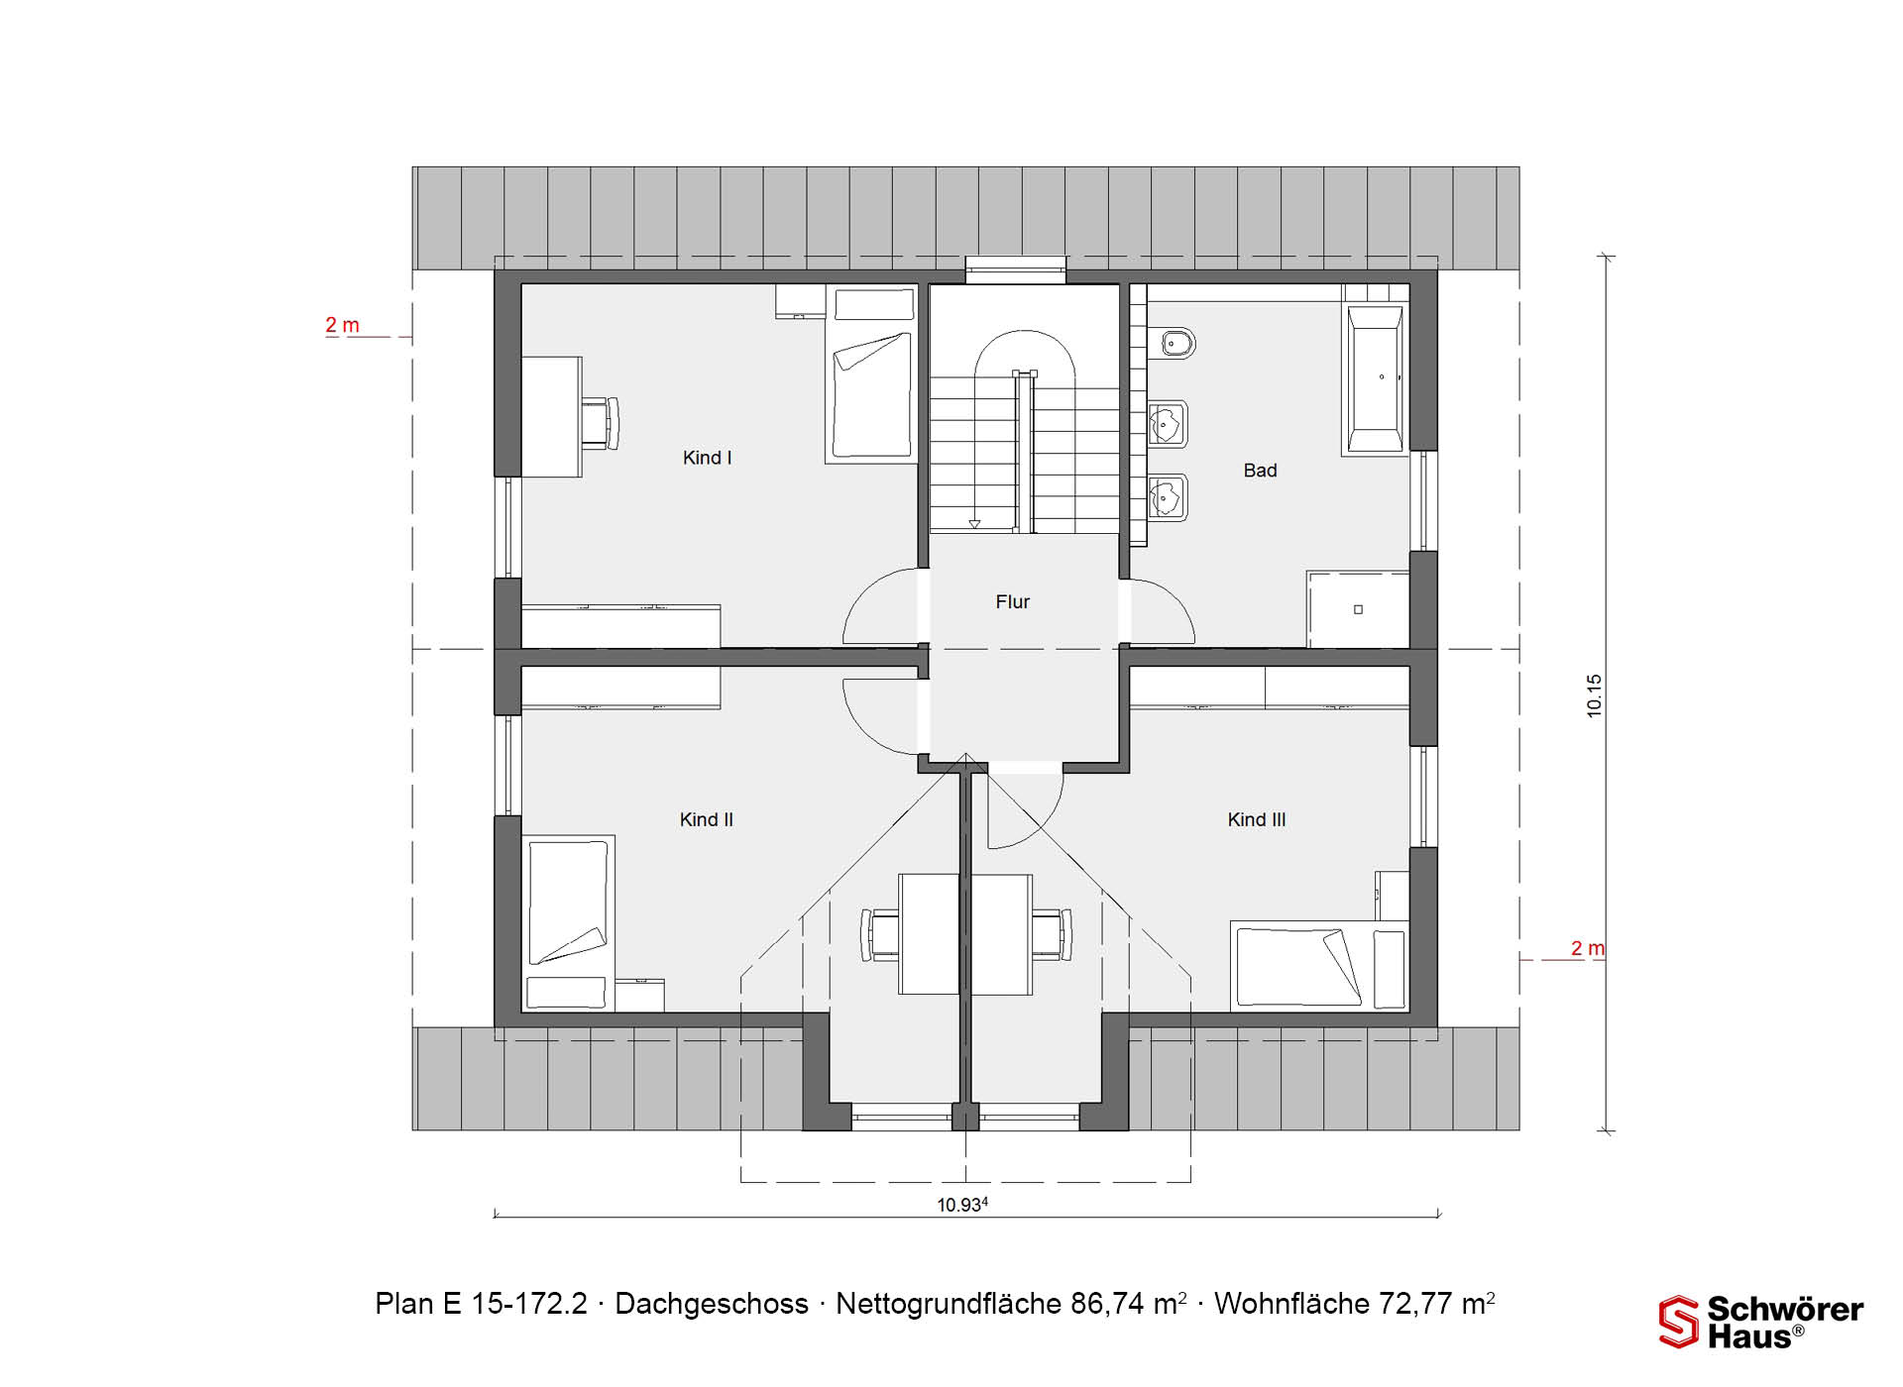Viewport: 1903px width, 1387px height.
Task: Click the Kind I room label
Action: point(707,458)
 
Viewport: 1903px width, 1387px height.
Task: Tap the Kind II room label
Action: point(707,819)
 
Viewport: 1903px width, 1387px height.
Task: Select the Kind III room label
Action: point(1257,819)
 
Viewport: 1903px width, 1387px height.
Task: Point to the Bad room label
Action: point(1260,471)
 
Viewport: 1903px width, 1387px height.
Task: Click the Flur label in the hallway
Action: point(1012,601)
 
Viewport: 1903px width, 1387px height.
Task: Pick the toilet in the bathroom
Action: point(1173,344)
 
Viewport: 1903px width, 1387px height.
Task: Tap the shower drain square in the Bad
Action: point(1358,609)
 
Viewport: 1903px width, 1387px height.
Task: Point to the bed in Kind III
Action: point(1319,967)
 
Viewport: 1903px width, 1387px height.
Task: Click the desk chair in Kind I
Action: point(601,423)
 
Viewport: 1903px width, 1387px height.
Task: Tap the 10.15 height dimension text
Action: point(1594,695)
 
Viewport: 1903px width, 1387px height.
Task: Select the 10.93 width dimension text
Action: point(962,1205)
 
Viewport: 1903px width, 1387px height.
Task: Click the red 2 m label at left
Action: point(342,325)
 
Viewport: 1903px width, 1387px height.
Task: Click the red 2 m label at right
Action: point(1587,948)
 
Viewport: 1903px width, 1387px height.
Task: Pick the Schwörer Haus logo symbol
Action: point(1679,1322)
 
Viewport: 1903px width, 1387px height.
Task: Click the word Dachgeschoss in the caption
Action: point(712,1304)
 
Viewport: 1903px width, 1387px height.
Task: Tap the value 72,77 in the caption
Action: point(1409,1304)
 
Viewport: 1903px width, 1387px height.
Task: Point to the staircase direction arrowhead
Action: point(974,523)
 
